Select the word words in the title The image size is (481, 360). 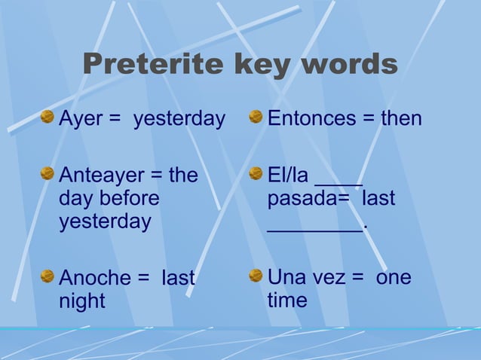pyautogui.click(x=349, y=65)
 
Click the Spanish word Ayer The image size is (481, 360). pyautogui.click(x=81, y=118)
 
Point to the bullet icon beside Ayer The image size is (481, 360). pyautogui.click(x=47, y=117)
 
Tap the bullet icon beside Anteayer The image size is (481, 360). pyautogui.click(x=47, y=174)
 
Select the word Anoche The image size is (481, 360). pyautogui.click(x=95, y=278)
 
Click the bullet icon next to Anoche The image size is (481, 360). pyautogui.click(x=47, y=276)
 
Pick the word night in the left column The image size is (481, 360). pyautogui.click(x=82, y=301)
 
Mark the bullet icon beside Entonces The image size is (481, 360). pyautogui.click(x=256, y=117)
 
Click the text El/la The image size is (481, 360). pyautogui.click(x=288, y=175)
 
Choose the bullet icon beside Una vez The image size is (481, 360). pyautogui.click(x=256, y=276)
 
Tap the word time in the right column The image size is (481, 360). pyautogui.click(x=287, y=301)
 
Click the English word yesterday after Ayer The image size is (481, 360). pyautogui.click(x=179, y=118)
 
